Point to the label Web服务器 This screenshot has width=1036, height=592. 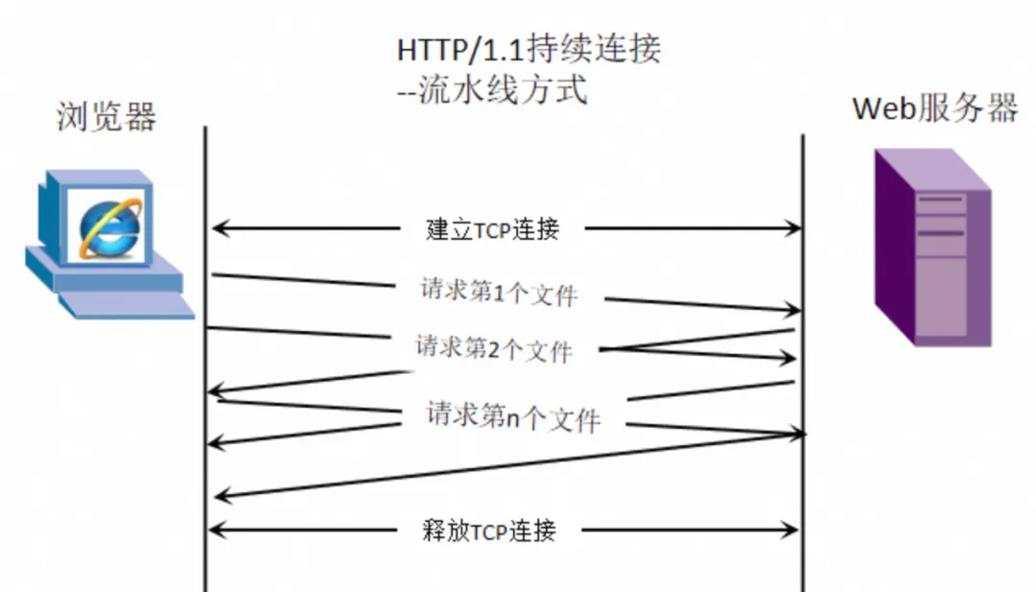pyautogui.click(x=934, y=108)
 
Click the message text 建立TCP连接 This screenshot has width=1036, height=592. pyautogui.click(x=492, y=229)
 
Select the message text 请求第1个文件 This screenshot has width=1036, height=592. pyautogui.click(x=499, y=292)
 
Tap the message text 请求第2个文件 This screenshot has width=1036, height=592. pyautogui.click(x=493, y=349)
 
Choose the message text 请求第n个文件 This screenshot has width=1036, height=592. pyautogui.click(x=513, y=417)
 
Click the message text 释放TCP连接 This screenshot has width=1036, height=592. pyautogui.click(x=489, y=531)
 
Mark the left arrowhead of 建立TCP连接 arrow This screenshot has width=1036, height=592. pyautogui.click(x=218, y=228)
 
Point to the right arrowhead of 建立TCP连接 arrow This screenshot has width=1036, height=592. pyautogui.click(x=793, y=228)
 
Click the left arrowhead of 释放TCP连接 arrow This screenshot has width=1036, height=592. pyautogui.click(x=216, y=529)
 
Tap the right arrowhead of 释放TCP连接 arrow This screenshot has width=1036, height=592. pyautogui.click(x=792, y=529)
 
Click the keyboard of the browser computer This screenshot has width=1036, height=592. pyautogui.click(x=125, y=304)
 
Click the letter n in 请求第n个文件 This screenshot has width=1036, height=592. pyautogui.click(x=513, y=418)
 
